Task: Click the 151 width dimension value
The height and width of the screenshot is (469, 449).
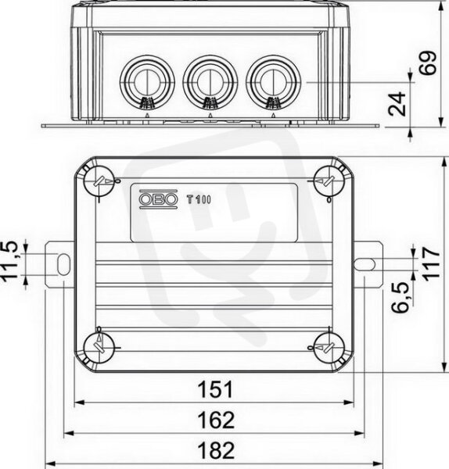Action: click(x=215, y=389)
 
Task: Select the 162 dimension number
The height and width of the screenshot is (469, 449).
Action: click(x=216, y=420)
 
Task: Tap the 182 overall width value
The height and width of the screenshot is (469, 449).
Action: click(x=216, y=450)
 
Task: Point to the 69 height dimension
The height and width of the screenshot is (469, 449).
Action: click(x=427, y=63)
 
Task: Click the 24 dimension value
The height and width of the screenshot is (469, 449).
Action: click(x=397, y=104)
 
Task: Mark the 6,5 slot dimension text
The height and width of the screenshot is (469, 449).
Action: click(x=401, y=297)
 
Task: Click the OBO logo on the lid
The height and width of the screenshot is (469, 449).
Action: click(x=158, y=199)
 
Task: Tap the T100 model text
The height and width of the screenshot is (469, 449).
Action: click(x=199, y=199)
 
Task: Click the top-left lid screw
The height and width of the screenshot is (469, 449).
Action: click(x=99, y=181)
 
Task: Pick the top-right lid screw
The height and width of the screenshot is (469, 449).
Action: click(x=329, y=181)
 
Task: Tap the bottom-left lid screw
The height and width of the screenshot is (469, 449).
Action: click(x=99, y=348)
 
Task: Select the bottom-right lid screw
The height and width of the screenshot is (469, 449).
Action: click(x=329, y=348)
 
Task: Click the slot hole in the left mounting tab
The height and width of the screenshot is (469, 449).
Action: click(x=63, y=264)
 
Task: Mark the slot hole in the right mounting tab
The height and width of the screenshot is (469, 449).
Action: click(x=365, y=264)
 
